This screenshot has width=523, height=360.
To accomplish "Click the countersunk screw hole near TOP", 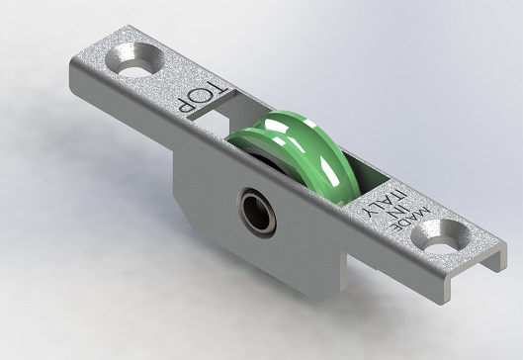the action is (x=135, y=60).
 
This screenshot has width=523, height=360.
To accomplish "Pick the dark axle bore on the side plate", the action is (x=257, y=213).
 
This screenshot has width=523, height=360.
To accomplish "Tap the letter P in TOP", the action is (x=185, y=105).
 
